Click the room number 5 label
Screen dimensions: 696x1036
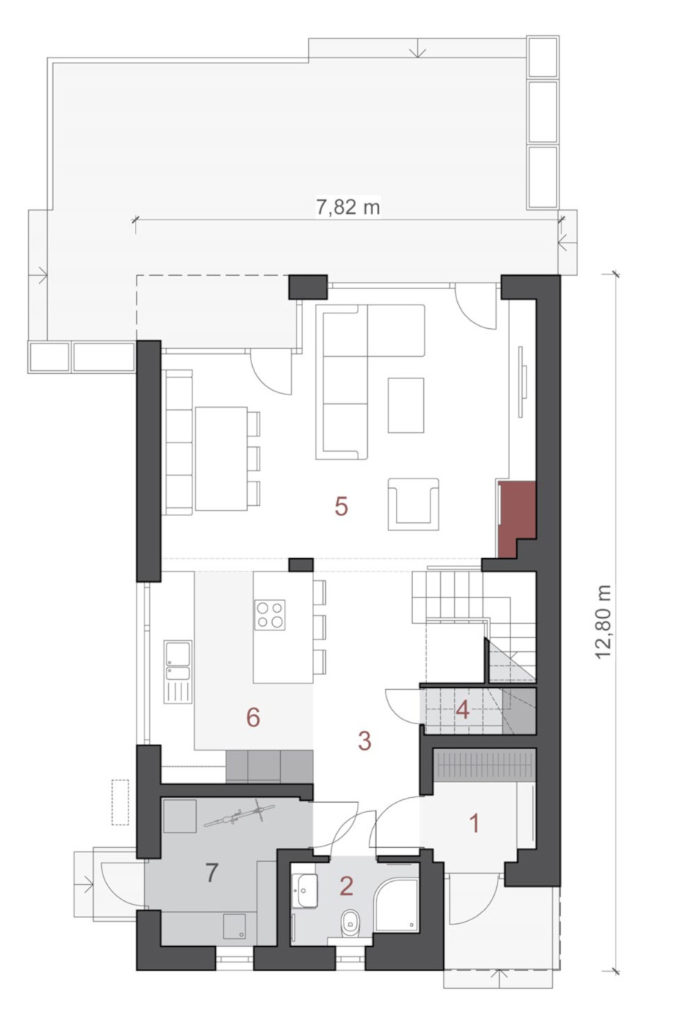coord(341,507)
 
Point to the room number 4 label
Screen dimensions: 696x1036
coord(462,710)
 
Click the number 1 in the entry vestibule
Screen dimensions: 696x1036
coord(475,824)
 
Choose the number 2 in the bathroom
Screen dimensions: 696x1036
coord(347,886)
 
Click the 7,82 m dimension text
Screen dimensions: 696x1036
coord(347,206)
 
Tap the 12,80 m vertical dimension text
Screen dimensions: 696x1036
coord(604,622)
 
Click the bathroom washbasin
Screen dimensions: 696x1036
coord(305,888)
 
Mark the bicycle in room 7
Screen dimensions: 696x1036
coord(240,812)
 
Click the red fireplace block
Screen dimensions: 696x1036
coord(516,518)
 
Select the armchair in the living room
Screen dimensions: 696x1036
coord(414,504)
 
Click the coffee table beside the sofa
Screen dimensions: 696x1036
coord(406,405)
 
